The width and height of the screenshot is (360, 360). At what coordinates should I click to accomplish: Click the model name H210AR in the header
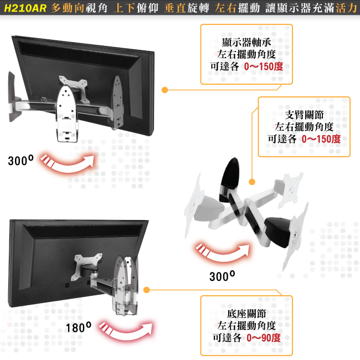[x=25, y=8]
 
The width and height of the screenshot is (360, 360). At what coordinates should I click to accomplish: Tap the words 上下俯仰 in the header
[x=136, y=8]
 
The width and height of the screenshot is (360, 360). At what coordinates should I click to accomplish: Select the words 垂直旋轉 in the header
[x=187, y=8]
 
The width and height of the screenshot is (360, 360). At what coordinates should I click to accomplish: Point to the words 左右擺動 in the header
[x=238, y=8]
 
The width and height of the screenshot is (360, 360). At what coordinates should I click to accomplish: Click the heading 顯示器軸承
[x=246, y=42]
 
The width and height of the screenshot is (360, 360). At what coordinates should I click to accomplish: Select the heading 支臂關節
[x=304, y=115]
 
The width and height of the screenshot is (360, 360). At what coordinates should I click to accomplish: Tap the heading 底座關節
[x=246, y=313]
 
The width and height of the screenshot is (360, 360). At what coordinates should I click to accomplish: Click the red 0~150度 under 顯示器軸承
[x=264, y=66]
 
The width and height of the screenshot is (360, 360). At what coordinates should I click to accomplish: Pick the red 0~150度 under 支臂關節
[x=321, y=139]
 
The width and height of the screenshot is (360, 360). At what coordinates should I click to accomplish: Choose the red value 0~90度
[x=264, y=338]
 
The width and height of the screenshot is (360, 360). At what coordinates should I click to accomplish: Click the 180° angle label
[x=79, y=327]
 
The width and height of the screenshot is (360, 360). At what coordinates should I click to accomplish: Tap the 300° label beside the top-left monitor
[x=20, y=160]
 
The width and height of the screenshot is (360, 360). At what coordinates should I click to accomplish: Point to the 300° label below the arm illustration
[x=222, y=276]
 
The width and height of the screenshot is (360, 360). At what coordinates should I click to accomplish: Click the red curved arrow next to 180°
[x=126, y=333]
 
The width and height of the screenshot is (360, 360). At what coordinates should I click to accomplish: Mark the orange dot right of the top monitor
[x=164, y=90]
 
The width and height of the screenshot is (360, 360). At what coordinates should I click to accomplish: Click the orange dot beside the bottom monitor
[x=146, y=290]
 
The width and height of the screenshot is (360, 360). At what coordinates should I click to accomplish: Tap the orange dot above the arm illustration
[x=252, y=182]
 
